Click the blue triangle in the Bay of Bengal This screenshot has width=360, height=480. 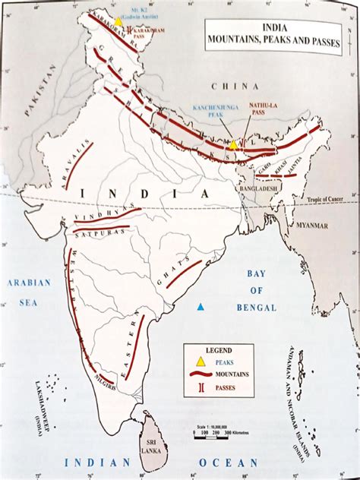coord(200,307)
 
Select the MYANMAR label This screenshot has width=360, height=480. coord(313,226)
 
